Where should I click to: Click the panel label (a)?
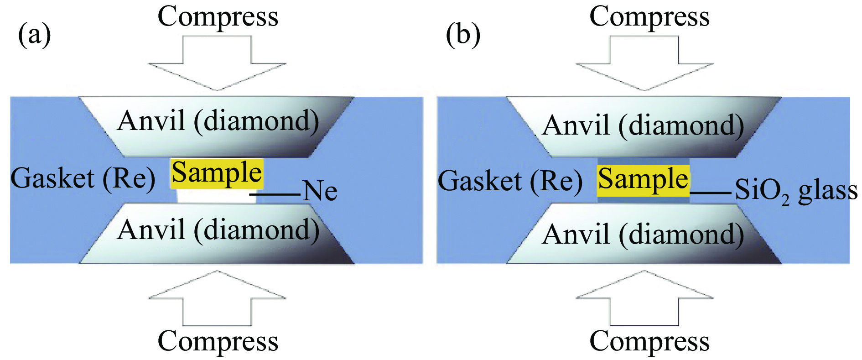point(34,35)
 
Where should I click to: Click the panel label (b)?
point(463,35)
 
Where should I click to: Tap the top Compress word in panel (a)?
point(218,17)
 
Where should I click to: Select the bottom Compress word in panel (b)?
point(649,341)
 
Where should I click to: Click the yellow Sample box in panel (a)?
point(217,173)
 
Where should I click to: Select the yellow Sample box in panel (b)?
point(643,179)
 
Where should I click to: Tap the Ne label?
point(320,191)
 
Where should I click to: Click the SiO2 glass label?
point(796,191)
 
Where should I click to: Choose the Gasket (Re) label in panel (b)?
point(510,181)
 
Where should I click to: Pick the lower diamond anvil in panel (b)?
point(644,234)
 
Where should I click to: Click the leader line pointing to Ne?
point(275,194)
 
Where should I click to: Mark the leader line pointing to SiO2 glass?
point(711,193)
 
